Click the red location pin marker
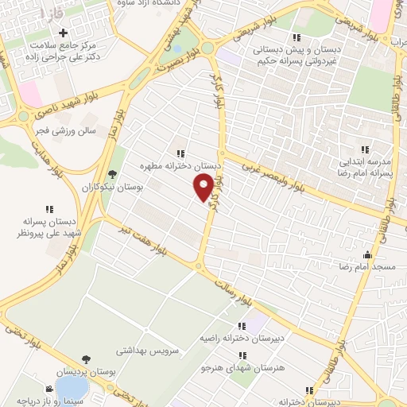(x=204, y=187)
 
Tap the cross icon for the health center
(x=63, y=30)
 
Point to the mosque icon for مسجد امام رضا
(x=367, y=255)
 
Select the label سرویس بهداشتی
(x=151, y=350)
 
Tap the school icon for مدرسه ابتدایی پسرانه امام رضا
(x=365, y=149)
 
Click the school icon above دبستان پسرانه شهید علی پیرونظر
(x=49, y=210)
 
